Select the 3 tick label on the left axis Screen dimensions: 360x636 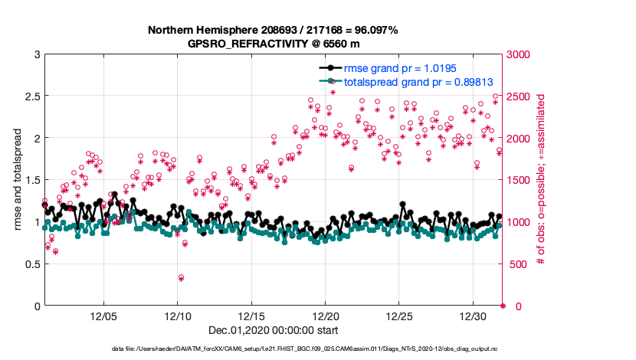point(36,54)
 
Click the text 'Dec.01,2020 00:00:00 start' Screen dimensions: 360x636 point(273,331)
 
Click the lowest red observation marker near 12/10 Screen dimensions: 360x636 point(181,278)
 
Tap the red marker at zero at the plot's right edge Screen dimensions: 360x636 point(503,306)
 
